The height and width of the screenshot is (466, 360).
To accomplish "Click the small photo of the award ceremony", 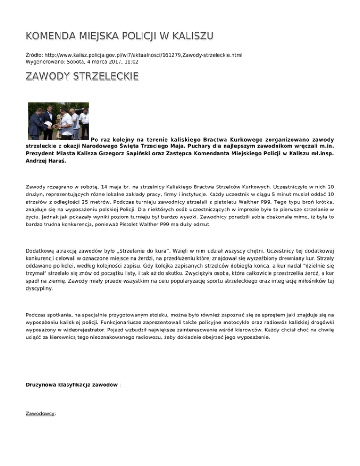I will tap(58, 120).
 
